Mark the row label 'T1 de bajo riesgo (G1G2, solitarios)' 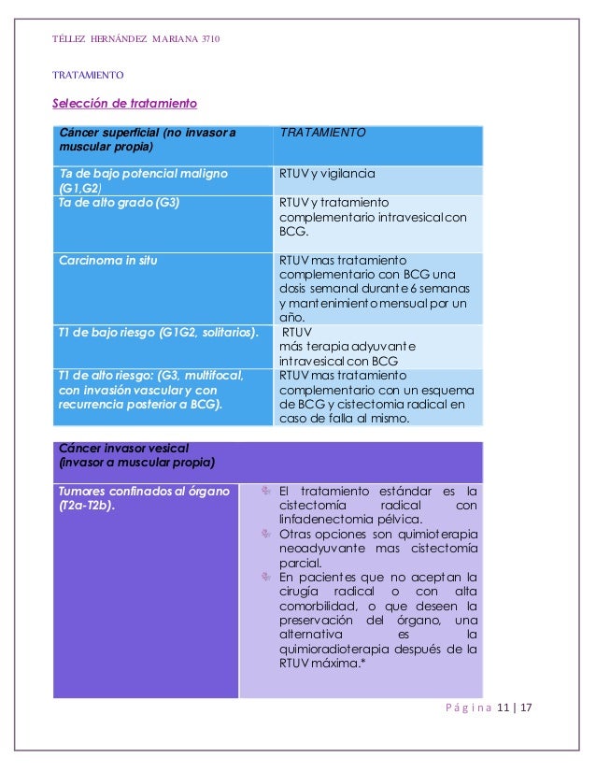158,332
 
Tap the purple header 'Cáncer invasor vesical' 117,448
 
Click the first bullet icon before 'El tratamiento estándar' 265,491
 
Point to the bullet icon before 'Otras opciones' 265,534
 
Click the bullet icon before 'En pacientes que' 265,577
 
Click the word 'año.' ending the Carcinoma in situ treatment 292,317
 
